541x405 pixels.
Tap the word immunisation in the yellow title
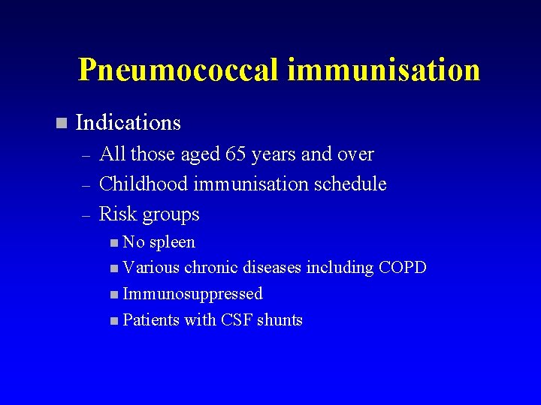(383, 70)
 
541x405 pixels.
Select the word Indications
(128, 122)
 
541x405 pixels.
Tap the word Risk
(116, 214)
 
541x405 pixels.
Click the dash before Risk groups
(86, 215)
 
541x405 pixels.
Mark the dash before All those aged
(86, 156)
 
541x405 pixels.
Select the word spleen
(172, 242)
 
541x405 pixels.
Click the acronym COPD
(403, 268)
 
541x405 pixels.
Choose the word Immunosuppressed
(192, 294)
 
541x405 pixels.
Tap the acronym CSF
(236, 320)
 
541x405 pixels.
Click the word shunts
(280, 320)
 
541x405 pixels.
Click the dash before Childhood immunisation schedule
(86, 185)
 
